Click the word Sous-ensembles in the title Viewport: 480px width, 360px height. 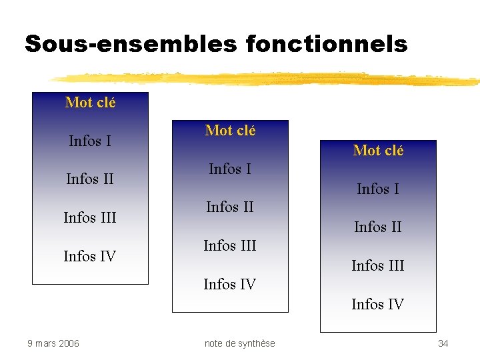coord(131,44)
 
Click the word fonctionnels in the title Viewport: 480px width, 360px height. coord(327,44)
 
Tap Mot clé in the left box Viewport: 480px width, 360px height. coord(90,103)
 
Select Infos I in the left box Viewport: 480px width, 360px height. coord(90,141)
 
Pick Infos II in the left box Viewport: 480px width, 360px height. coord(90,179)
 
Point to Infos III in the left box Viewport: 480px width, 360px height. coord(90,217)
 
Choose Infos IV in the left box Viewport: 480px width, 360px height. coord(90,256)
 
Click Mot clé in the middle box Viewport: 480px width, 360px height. coord(230,131)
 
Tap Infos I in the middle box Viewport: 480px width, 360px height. coord(230,169)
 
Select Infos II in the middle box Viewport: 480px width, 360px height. coord(230,207)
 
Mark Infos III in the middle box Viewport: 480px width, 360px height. coord(230,246)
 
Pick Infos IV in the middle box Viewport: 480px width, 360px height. coord(230,285)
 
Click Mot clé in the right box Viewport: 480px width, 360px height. coord(378,151)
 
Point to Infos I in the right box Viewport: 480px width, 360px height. coord(378,189)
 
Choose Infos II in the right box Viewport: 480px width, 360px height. coord(378,227)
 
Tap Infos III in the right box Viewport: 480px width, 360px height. coord(378,266)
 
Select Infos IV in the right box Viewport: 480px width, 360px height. coord(378,305)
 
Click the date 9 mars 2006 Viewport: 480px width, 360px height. coord(53,343)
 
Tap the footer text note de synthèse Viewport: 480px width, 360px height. coord(239,343)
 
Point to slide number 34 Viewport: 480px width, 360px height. coord(443,343)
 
